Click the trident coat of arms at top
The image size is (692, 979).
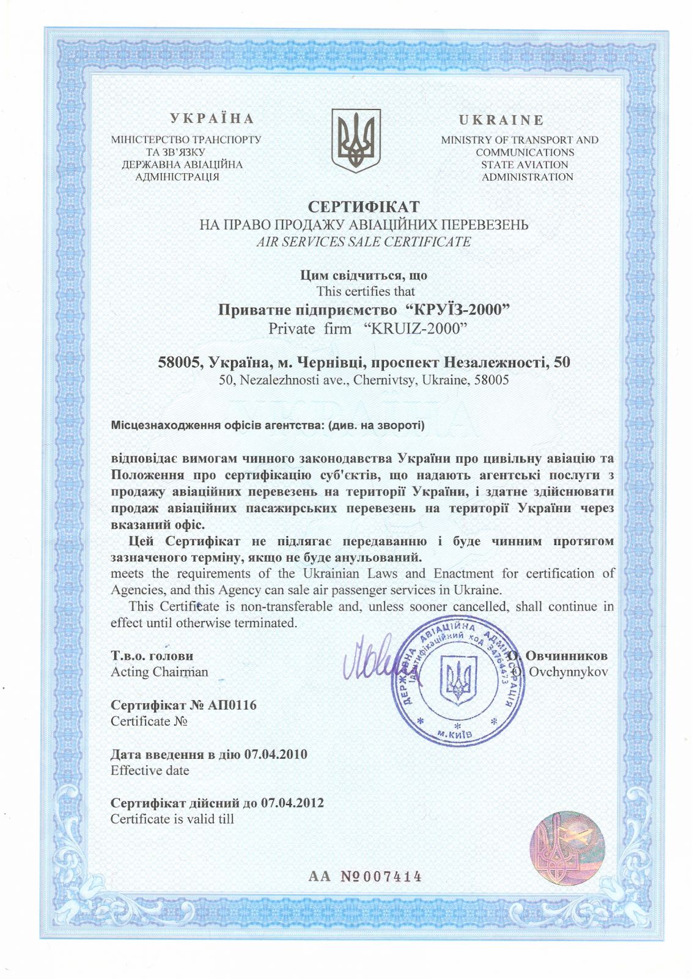[356, 141]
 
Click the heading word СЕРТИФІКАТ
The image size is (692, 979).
[364, 206]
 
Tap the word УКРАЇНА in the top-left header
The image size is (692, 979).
[212, 119]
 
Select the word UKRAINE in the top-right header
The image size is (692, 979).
[501, 120]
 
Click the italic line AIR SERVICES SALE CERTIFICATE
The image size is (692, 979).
[364, 242]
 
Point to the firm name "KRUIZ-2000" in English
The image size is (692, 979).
[415, 329]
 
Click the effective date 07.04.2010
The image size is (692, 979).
[275, 754]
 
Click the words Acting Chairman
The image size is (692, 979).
[159, 672]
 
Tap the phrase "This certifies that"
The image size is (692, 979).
[365, 291]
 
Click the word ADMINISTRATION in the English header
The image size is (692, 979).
[527, 177]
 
